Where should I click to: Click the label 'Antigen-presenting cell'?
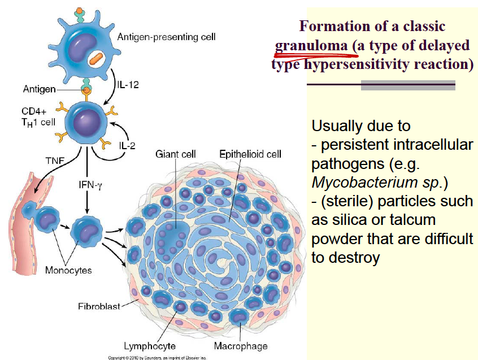click(166, 37)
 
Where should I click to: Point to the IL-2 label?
click(127, 145)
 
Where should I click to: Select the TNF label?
click(54, 159)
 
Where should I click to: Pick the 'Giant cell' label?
click(175, 154)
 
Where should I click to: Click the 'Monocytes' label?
click(68, 270)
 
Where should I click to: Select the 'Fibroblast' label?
click(99, 306)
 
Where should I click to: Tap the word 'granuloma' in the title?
click(311, 46)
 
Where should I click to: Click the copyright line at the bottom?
click(158, 357)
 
